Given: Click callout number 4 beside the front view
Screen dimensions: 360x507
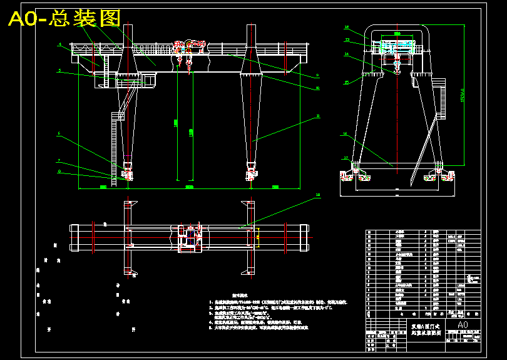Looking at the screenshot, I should pos(59,44).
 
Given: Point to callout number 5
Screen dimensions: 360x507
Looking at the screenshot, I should pos(59,71).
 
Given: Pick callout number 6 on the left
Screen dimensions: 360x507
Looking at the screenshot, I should pos(59,133).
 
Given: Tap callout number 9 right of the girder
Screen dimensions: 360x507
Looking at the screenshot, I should pos(317,76).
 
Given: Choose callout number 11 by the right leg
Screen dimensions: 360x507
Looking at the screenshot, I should pos(317,116).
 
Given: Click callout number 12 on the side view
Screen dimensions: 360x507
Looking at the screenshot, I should pos(347,39).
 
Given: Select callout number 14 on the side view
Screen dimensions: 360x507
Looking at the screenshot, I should pos(347,54).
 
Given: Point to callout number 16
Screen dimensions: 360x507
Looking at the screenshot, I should pos(345,133).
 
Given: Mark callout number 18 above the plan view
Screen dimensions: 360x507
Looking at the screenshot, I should pos(317,195).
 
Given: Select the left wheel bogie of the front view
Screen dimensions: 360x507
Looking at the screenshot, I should pos(128,175).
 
